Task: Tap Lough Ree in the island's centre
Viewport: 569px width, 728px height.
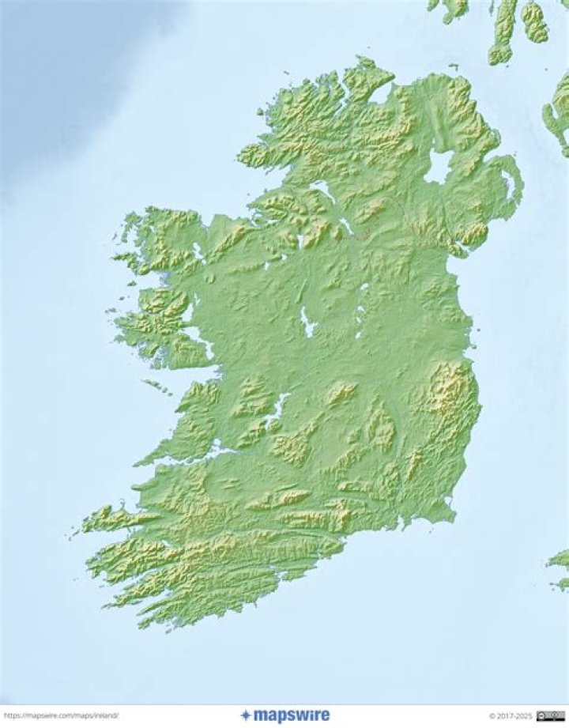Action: (x=306, y=321)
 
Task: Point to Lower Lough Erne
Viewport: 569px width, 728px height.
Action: (x=323, y=190)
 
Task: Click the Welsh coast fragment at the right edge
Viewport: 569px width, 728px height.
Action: (x=560, y=565)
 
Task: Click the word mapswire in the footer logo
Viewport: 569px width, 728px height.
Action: (x=292, y=716)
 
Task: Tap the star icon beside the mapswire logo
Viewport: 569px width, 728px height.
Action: (x=246, y=715)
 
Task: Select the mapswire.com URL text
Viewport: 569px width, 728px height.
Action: (x=61, y=716)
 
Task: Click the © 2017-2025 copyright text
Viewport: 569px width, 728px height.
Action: (x=510, y=716)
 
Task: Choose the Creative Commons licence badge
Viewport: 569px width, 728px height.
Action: (x=550, y=716)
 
